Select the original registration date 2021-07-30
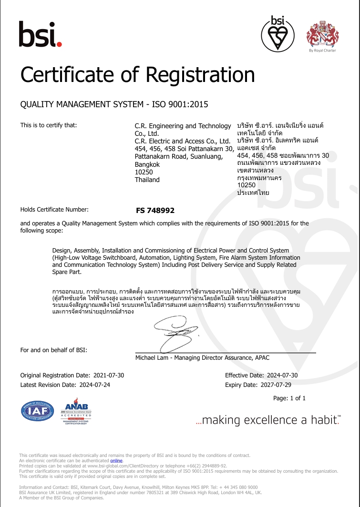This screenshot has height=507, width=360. tap(108, 375)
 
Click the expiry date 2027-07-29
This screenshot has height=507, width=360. tap(278, 385)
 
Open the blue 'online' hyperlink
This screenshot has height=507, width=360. tap(116, 461)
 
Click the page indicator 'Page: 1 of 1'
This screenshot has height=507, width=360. tap(289, 398)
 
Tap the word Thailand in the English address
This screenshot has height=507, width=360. tap(147, 180)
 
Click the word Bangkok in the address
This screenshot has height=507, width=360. tap(147, 164)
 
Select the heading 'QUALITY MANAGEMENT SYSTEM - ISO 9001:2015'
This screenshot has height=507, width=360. tap(114, 104)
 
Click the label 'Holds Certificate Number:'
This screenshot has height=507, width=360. tap(54, 210)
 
